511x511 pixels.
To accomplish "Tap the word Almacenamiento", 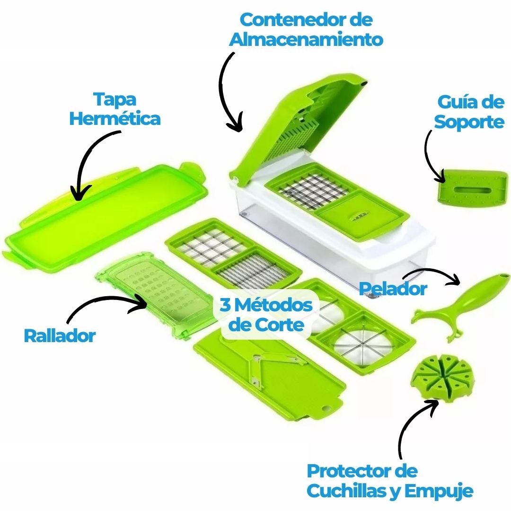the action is [x=306, y=40].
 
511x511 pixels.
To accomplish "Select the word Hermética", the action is [x=115, y=118].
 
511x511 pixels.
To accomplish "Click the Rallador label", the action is [x=60, y=335].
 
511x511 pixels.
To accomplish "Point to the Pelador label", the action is [x=393, y=289].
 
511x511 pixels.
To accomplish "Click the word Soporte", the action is [x=469, y=123].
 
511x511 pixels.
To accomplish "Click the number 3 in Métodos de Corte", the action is [x=225, y=305].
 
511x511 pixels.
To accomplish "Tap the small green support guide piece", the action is [x=472, y=188].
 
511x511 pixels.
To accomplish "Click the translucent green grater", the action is [x=153, y=295].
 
